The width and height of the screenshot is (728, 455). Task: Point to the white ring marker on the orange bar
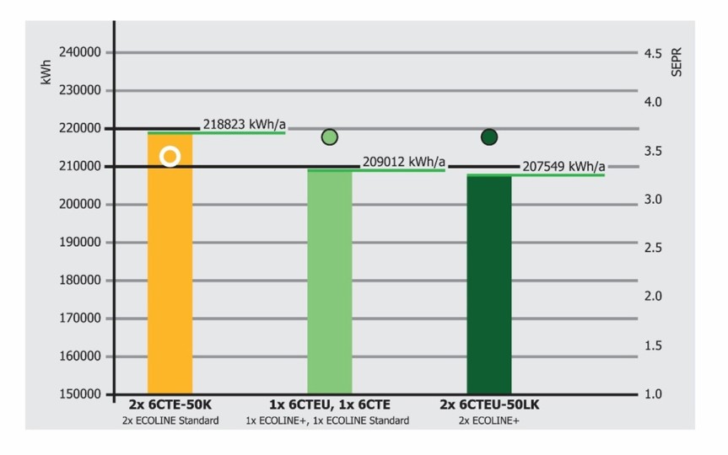click(x=170, y=157)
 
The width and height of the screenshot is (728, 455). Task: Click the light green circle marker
click(x=330, y=137)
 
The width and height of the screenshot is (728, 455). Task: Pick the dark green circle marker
click(x=489, y=136)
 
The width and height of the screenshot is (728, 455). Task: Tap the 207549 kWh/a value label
click(x=563, y=166)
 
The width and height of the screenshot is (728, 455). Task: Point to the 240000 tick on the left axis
click(x=81, y=52)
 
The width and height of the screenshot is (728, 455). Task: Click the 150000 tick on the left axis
click(x=81, y=394)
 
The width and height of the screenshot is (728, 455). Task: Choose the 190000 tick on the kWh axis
click(x=81, y=243)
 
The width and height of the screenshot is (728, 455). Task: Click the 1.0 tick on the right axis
click(x=653, y=394)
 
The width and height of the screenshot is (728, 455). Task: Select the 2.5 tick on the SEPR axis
click(x=653, y=249)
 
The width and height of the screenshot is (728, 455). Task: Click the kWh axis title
click(x=46, y=75)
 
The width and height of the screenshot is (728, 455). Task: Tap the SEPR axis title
click(x=676, y=63)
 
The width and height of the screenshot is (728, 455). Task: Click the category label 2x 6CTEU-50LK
click(x=489, y=405)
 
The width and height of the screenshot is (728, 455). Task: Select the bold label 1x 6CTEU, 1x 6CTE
click(x=330, y=405)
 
